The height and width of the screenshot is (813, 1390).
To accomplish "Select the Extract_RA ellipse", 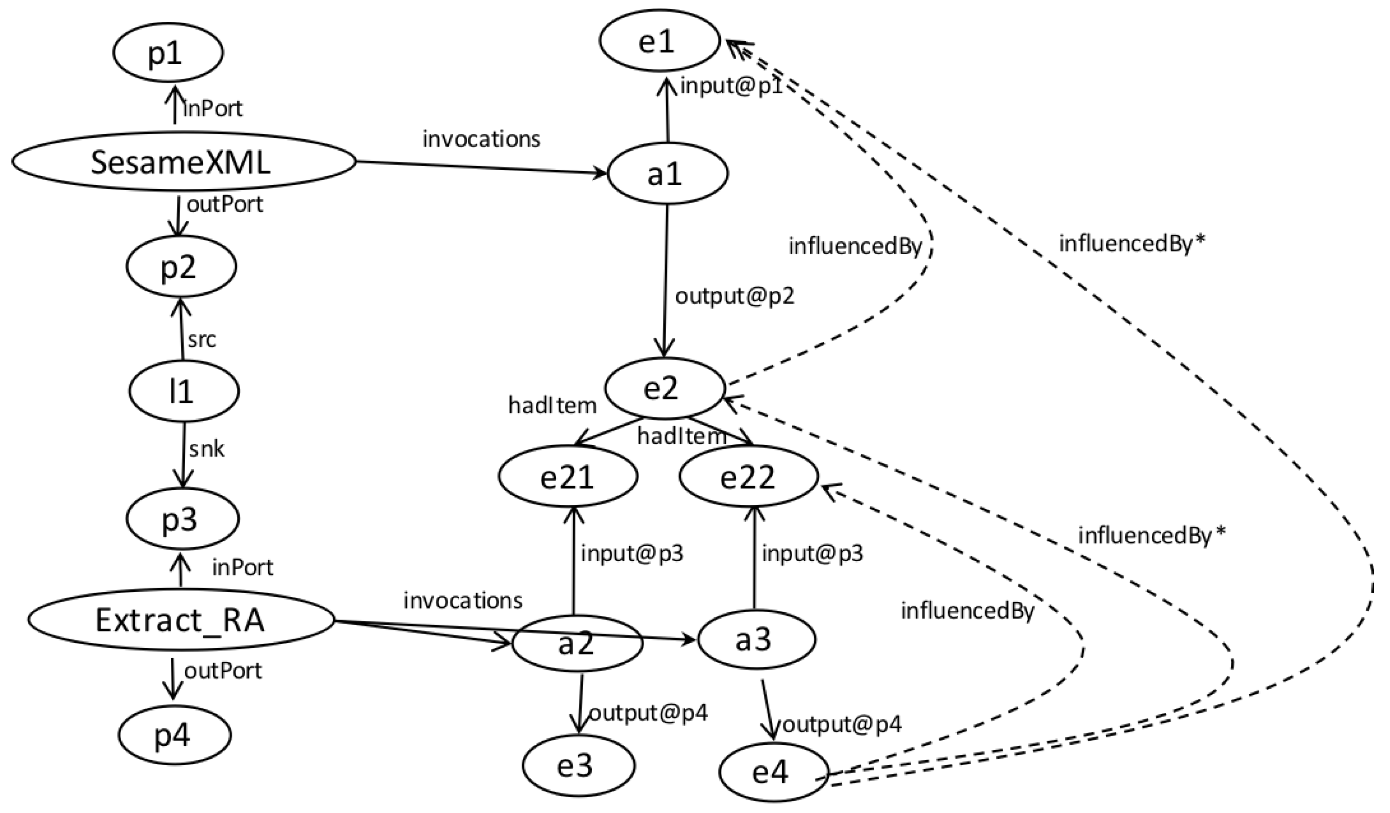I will coord(181,620).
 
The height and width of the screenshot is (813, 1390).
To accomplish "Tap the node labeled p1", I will coord(168,53).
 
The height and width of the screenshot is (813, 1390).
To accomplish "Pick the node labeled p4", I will coord(175,735).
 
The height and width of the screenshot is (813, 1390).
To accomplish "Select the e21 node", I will coord(568,476).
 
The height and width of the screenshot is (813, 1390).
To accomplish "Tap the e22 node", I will coord(749,476).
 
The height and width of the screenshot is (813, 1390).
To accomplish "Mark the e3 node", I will coord(579,765).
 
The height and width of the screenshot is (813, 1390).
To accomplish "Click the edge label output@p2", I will coord(735,296).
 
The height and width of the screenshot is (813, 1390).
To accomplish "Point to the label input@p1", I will coord(731,86).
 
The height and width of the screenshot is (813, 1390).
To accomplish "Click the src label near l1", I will coord(202,340).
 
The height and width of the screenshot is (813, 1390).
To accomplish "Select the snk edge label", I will coord(206,449).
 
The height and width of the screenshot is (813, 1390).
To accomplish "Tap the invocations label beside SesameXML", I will coord(481,139).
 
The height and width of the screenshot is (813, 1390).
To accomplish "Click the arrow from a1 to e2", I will coord(665,275).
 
